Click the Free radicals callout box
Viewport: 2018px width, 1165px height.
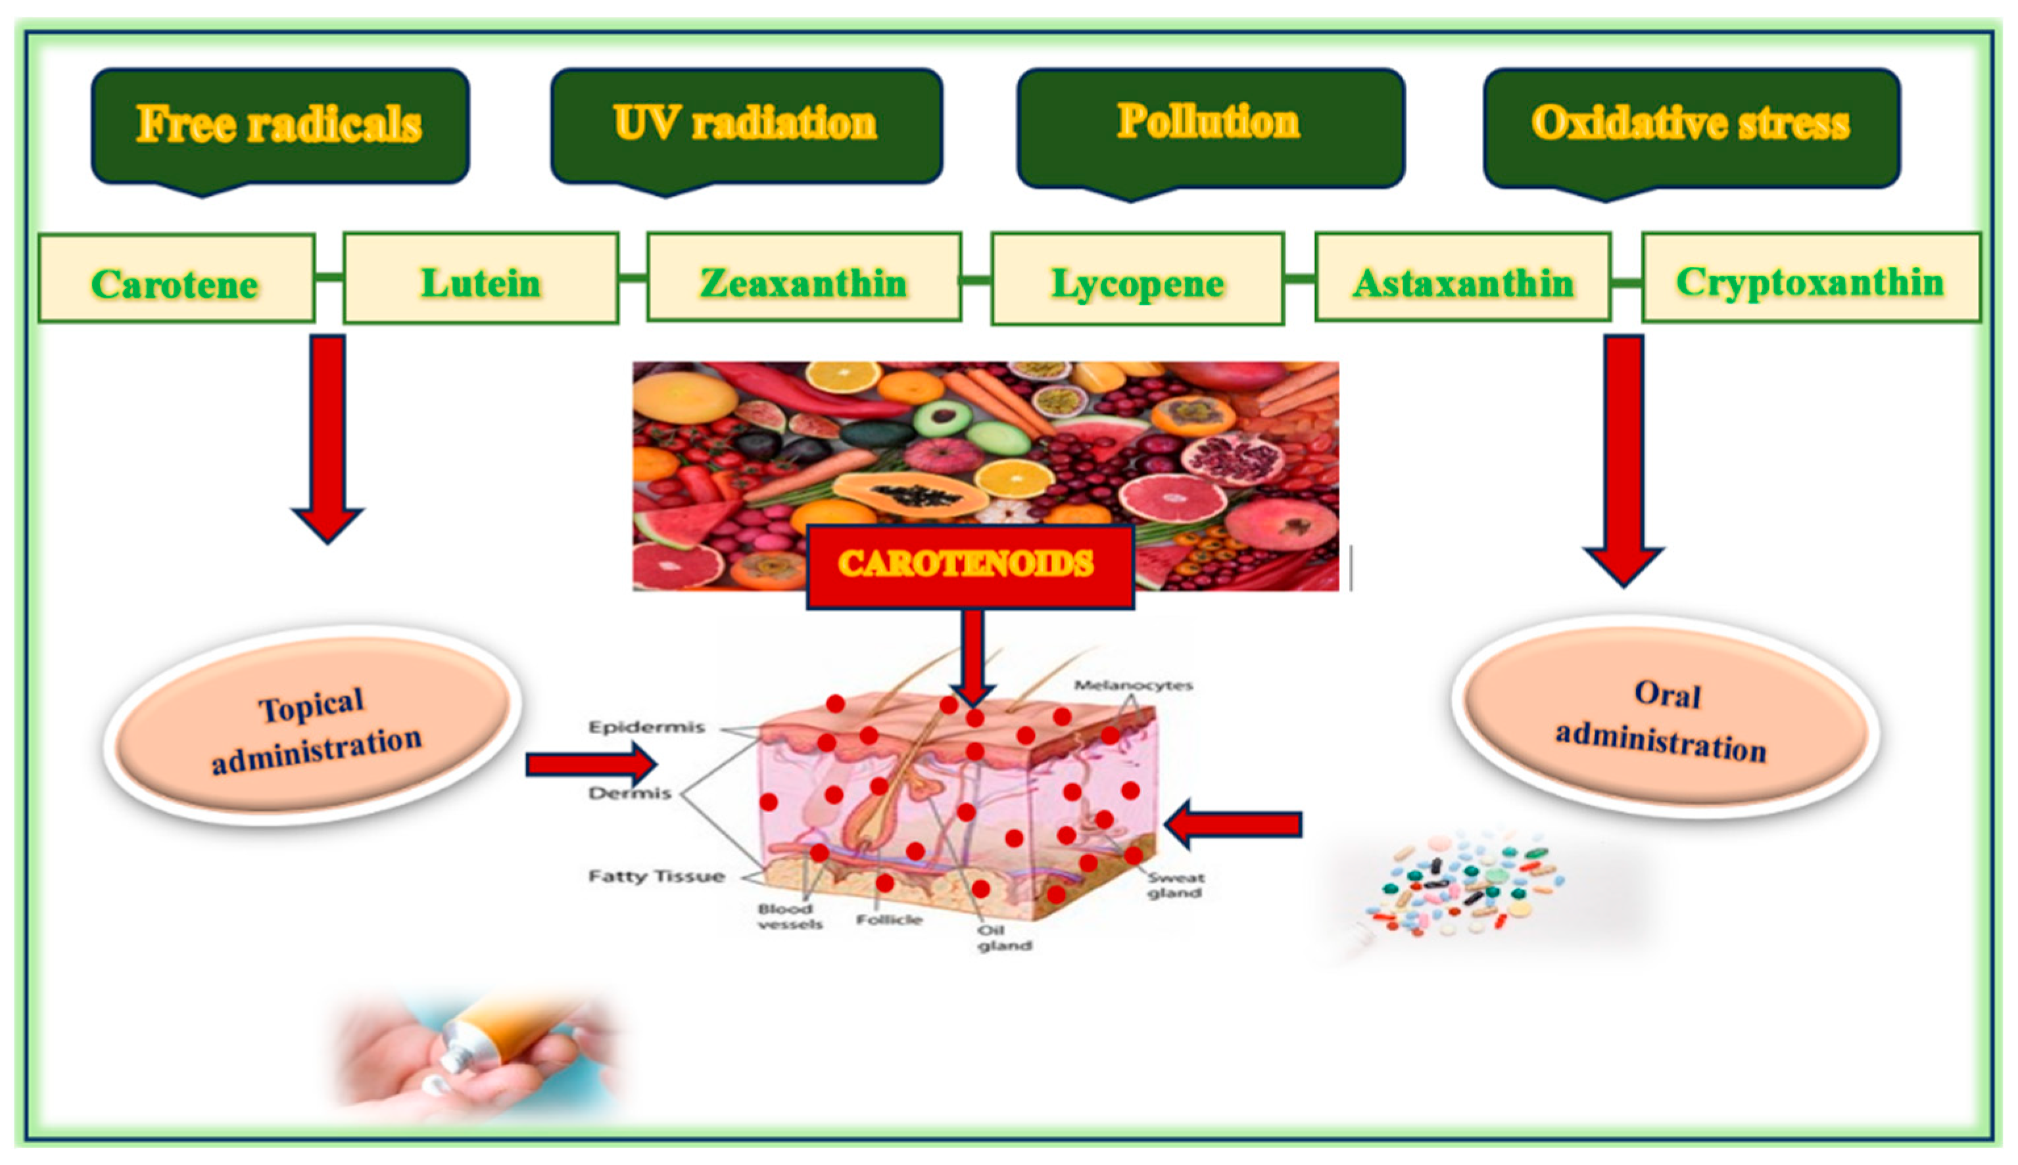(x=280, y=126)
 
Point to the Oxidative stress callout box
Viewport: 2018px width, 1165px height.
(x=1691, y=126)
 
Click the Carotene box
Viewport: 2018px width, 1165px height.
(x=176, y=279)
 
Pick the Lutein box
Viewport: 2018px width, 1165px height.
(x=480, y=279)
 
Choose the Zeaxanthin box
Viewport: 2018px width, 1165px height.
(x=803, y=279)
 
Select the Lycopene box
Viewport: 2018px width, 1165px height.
(x=1137, y=279)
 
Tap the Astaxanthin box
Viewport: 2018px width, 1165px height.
(x=1462, y=279)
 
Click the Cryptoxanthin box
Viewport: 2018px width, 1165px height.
(x=1810, y=279)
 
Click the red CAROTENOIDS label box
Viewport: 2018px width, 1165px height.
(x=969, y=565)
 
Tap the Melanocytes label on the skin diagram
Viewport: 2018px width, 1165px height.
(x=1133, y=685)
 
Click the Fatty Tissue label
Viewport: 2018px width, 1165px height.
(x=656, y=876)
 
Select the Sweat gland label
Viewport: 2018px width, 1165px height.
(x=1175, y=885)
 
